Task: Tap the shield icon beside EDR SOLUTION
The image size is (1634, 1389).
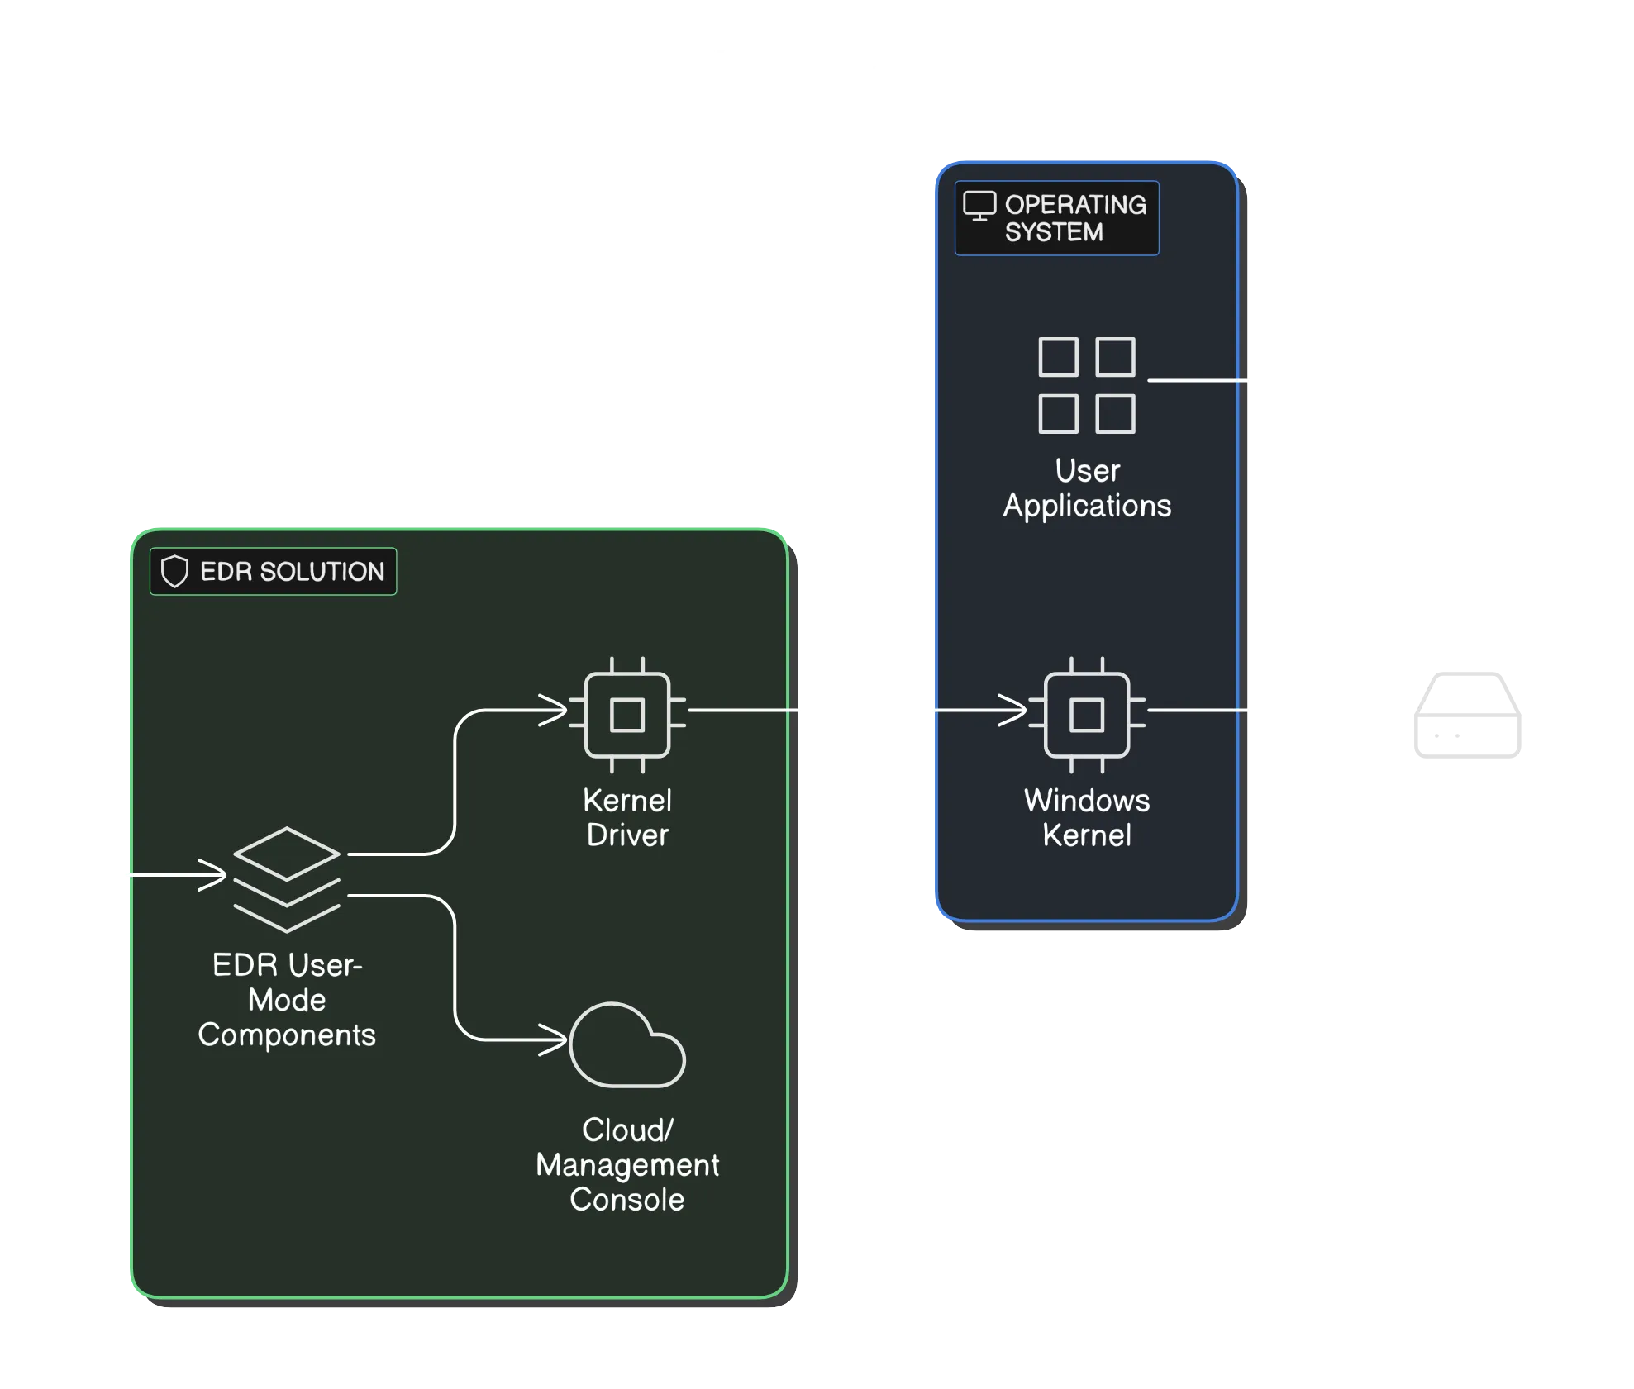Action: [174, 571]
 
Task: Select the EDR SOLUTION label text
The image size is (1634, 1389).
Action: [292, 571]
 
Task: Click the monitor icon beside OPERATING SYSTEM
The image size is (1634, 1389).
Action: [979, 206]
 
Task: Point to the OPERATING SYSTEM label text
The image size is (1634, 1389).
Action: [1074, 218]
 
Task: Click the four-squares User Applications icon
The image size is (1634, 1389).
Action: [1086, 385]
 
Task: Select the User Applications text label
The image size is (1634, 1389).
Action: [1087, 488]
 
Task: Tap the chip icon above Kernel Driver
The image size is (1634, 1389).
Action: [627, 715]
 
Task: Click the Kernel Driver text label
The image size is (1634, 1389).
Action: [627, 817]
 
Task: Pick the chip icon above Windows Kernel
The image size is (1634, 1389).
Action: [1087, 715]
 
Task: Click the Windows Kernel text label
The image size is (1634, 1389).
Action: [1087, 817]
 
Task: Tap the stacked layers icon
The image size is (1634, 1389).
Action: [287, 879]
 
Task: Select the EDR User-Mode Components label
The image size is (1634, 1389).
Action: [287, 1000]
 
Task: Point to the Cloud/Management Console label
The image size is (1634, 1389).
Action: [627, 1164]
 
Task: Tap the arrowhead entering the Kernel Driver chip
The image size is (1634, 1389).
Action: [555, 710]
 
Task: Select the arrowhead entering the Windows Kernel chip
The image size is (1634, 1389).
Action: [1014, 710]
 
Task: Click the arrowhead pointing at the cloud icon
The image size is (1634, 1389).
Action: [555, 1039]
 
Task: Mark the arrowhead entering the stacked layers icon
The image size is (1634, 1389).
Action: [214, 874]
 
